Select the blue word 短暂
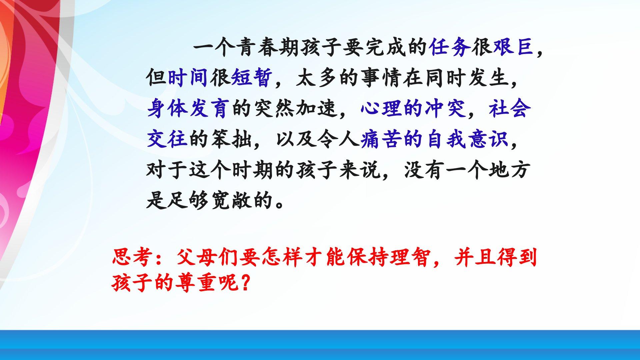click(x=252, y=78)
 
